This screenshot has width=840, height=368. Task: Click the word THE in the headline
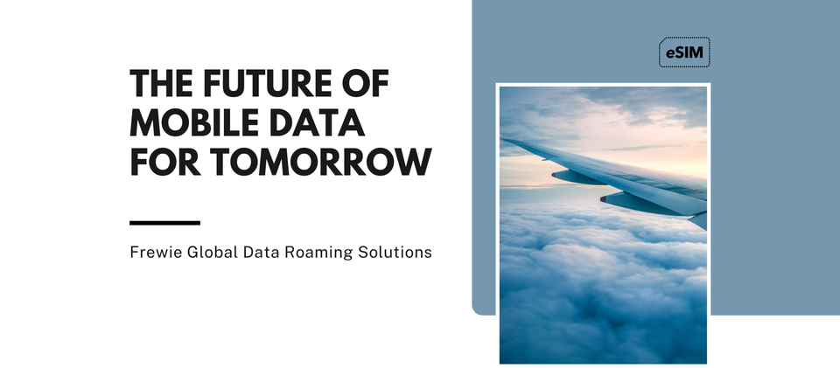pyautogui.click(x=163, y=83)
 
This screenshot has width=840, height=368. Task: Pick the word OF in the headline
pyautogui.click(x=366, y=83)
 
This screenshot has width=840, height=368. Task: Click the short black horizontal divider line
pyautogui.click(x=165, y=223)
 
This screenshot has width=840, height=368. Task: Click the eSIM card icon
pyautogui.click(x=684, y=52)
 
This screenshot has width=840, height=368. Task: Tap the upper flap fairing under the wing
pyautogui.click(x=578, y=177)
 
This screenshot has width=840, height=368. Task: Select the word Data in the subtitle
pyautogui.click(x=261, y=252)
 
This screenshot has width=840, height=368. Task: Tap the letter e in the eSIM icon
pyautogui.click(x=670, y=53)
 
